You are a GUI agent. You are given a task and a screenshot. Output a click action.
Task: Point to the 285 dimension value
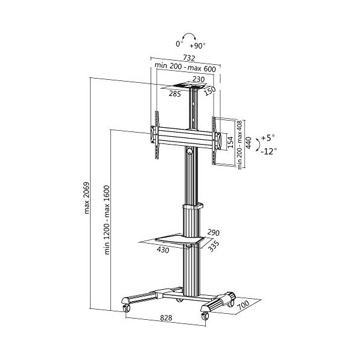click(x=175, y=94)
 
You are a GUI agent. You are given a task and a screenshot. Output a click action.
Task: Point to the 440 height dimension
click(x=248, y=143)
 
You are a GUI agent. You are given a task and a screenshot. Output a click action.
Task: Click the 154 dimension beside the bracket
click(x=230, y=143)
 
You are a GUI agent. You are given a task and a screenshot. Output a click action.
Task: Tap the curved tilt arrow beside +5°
click(x=257, y=144)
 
